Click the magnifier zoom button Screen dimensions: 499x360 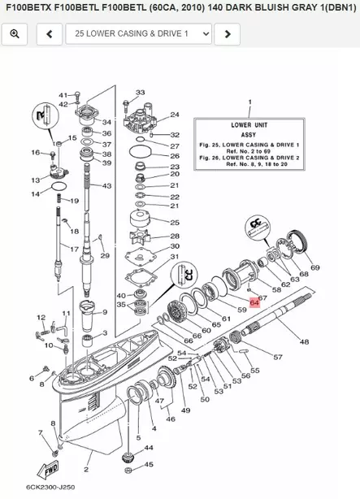15,34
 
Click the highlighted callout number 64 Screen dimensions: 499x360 254,301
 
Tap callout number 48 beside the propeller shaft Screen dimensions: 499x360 304,342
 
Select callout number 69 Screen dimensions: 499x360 314,267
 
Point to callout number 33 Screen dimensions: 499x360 140,93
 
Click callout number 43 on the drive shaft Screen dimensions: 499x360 106,186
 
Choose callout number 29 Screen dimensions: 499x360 104,256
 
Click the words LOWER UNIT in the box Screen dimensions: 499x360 250,127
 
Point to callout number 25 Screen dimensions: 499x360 174,222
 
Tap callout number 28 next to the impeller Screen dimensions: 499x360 174,236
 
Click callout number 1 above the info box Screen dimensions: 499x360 249,102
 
